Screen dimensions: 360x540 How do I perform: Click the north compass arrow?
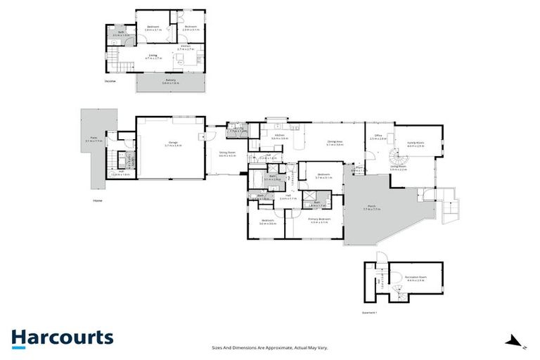point(519,342)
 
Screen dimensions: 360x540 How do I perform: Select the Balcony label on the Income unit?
point(171,82)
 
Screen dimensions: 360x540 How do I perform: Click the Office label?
point(378,136)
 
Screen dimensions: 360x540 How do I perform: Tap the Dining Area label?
point(335,142)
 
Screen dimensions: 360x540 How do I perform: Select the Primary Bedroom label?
point(319,220)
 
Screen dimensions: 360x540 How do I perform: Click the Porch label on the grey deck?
point(371,207)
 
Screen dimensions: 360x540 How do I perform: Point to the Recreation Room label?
point(416,278)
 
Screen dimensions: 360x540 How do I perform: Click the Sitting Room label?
point(226,153)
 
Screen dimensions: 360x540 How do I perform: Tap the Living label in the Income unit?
point(153,56)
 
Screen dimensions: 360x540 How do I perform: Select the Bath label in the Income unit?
point(121,32)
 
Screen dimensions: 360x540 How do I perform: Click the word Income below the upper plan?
point(110,81)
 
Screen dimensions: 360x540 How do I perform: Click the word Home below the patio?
point(97,200)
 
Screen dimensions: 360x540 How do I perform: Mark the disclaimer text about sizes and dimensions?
point(270,347)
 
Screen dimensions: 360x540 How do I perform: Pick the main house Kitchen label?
point(280,136)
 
